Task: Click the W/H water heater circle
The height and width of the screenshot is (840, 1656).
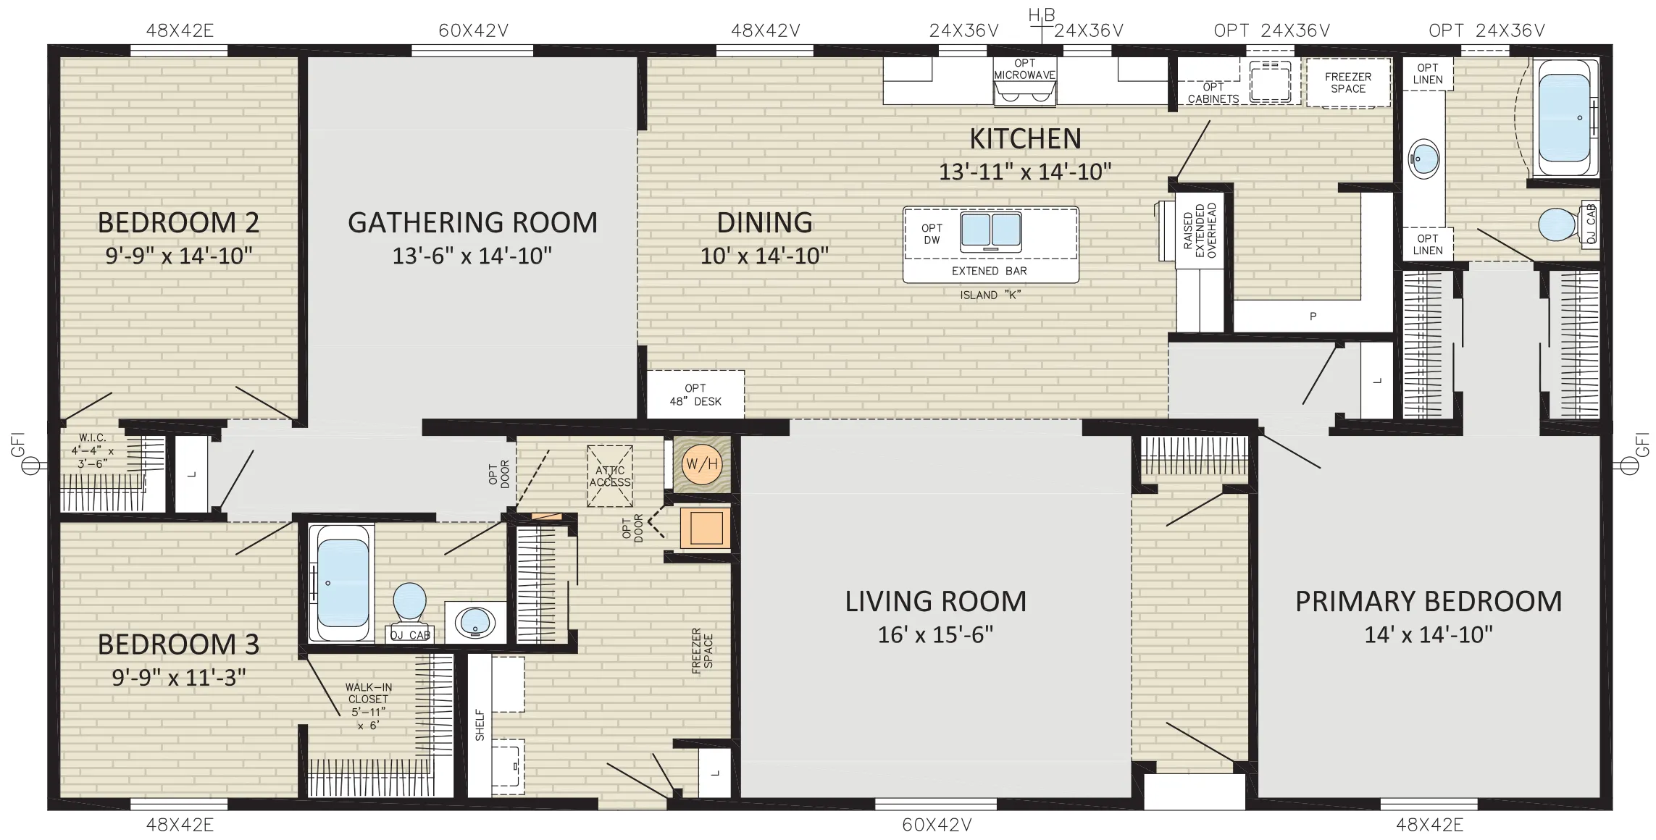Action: [x=701, y=463]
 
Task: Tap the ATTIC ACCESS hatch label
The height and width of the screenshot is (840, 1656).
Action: [x=610, y=476]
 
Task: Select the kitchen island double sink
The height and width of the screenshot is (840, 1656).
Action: [x=990, y=230]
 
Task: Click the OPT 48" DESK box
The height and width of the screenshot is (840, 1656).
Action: [x=695, y=395]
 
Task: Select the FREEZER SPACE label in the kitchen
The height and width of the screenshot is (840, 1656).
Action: [x=1348, y=83]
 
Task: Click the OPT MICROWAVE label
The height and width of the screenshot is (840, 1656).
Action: [x=1025, y=69]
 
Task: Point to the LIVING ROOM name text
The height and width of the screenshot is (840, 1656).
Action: [x=935, y=601]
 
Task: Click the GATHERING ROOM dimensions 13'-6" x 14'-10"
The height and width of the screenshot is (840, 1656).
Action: [x=472, y=256]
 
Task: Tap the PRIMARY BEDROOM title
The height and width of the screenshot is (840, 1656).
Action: [x=1429, y=601]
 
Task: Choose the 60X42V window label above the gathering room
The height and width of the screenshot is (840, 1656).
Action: [x=474, y=30]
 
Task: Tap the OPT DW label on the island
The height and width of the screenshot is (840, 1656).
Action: [x=932, y=234]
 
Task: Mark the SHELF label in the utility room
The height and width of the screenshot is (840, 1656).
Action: [x=480, y=725]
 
